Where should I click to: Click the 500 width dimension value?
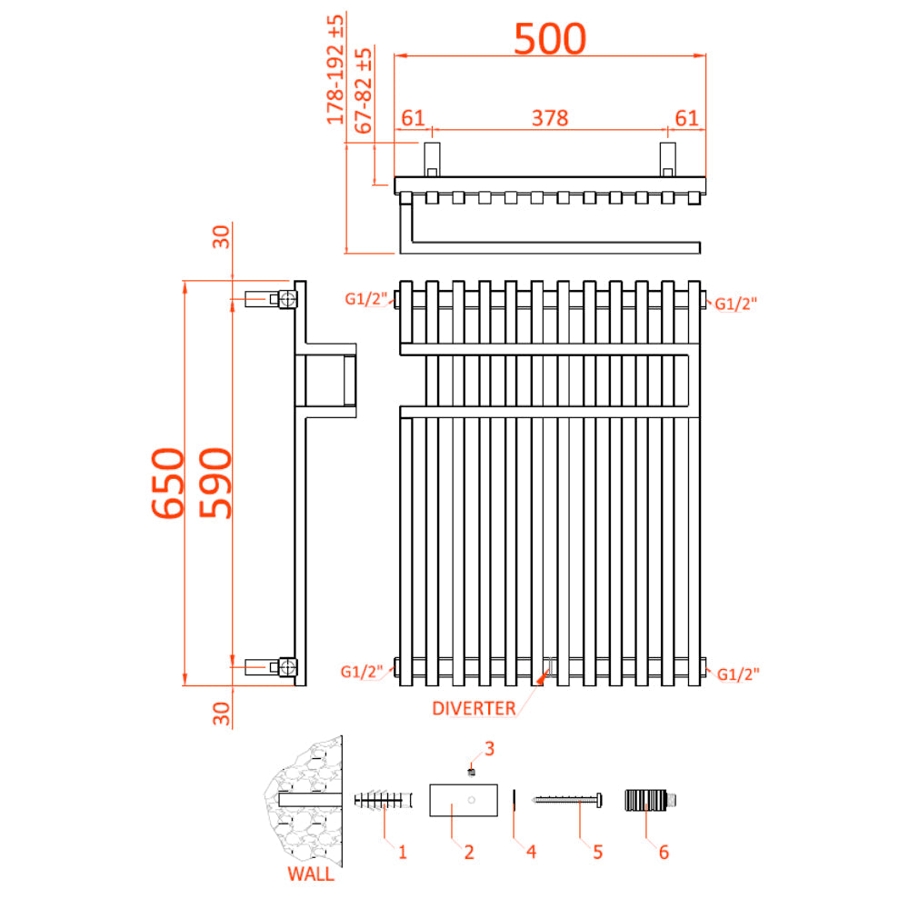550,39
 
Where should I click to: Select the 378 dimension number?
550,118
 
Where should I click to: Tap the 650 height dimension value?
168,483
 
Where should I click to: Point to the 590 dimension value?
215,483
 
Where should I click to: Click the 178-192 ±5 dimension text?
335,70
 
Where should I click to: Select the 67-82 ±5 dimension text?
363,90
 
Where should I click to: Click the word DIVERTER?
474,708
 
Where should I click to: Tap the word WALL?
311,874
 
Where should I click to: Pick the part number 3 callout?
489,749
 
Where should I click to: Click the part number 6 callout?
664,853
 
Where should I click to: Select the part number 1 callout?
403,853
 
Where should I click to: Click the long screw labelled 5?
567,800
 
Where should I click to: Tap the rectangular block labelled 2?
464,801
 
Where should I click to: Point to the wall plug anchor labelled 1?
384,801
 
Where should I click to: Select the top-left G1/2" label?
365,299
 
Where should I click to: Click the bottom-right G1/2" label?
738,674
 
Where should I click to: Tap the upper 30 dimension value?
222,237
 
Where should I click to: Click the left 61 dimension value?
414,118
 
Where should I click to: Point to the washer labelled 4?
514,801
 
